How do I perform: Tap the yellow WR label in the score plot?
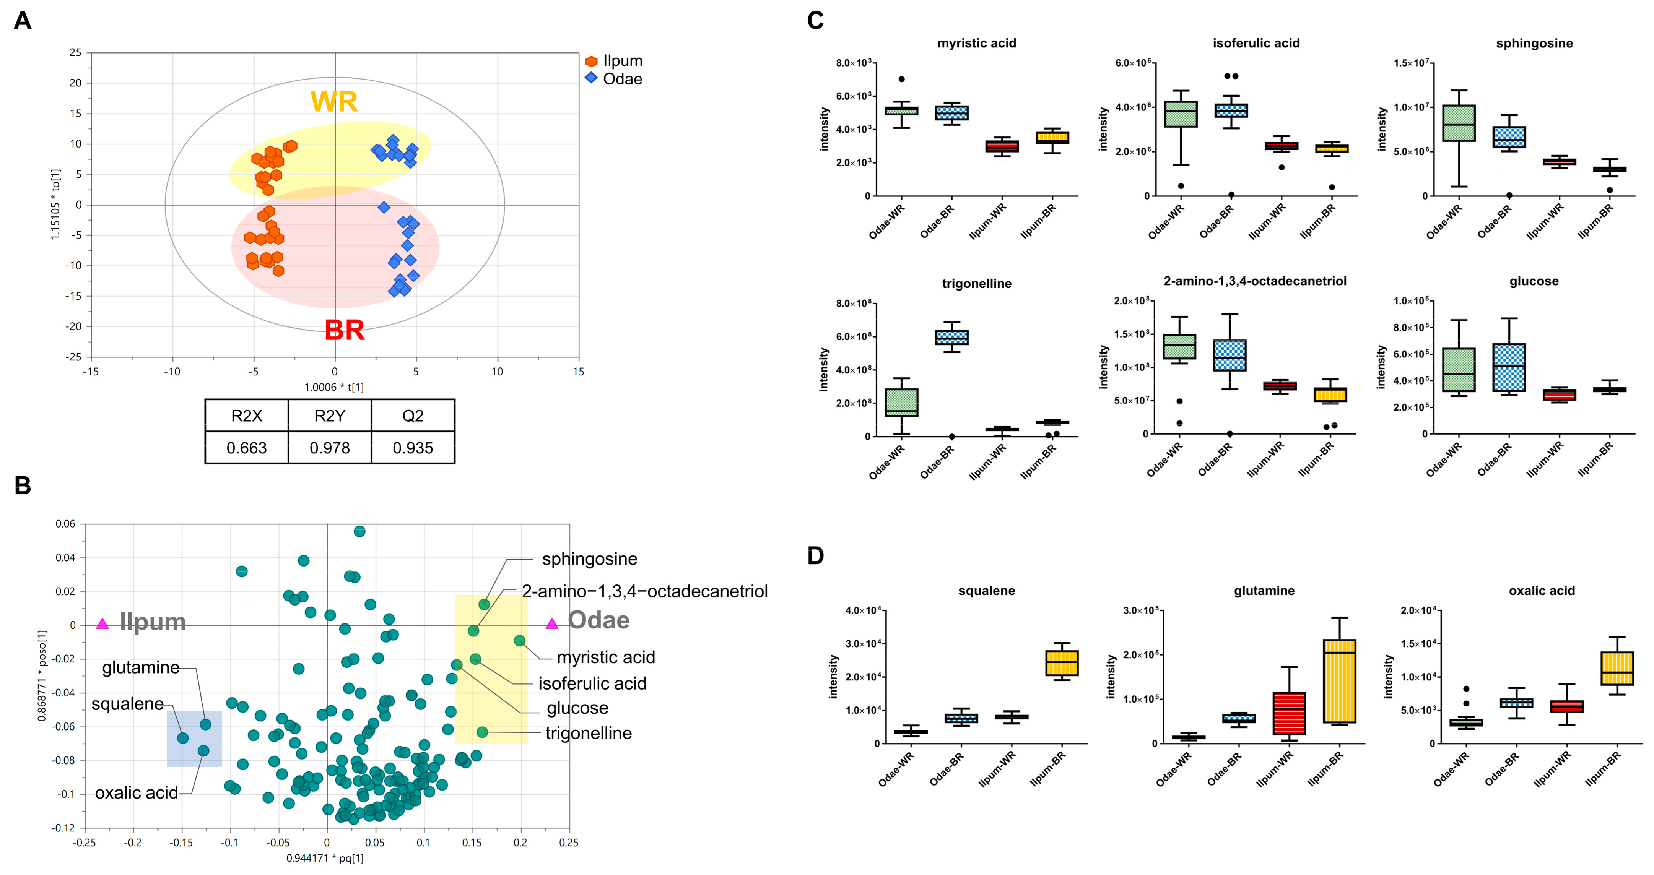pyautogui.click(x=334, y=101)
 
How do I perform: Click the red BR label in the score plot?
pyautogui.click(x=345, y=330)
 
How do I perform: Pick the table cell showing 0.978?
pyautogui.click(x=329, y=448)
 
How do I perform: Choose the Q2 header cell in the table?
pyautogui.click(x=413, y=416)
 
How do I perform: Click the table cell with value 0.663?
pyautogui.click(x=247, y=448)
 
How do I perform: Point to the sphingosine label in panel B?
pyautogui.click(x=589, y=559)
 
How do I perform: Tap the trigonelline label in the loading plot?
pyautogui.click(x=588, y=733)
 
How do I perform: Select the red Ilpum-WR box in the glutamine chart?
pyautogui.click(x=1289, y=713)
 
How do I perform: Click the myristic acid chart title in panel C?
pyautogui.click(x=977, y=44)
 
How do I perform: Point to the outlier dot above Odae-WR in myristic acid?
pyautogui.click(x=901, y=79)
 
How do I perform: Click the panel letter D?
pyautogui.click(x=815, y=556)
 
